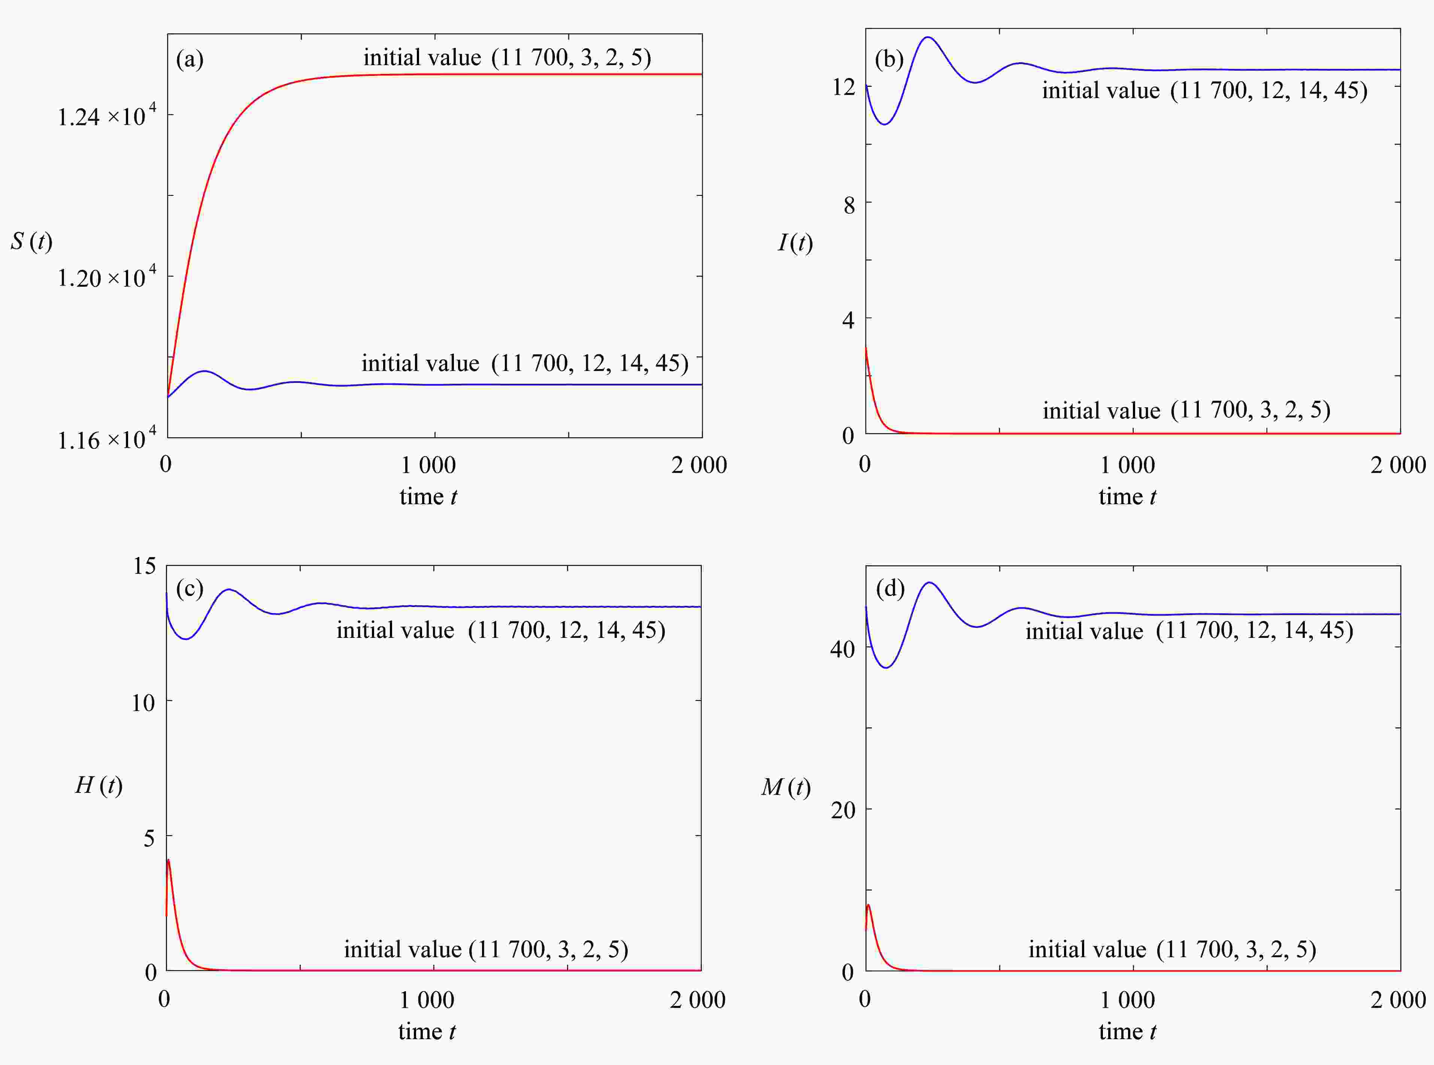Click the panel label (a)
[190, 60]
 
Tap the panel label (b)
[889, 60]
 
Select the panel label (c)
[190, 588]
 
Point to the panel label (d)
[890, 588]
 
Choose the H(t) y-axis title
[98, 785]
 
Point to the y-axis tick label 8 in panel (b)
[849, 206]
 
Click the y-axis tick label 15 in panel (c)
[145, 566]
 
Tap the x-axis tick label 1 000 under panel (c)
[427, 1000]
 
